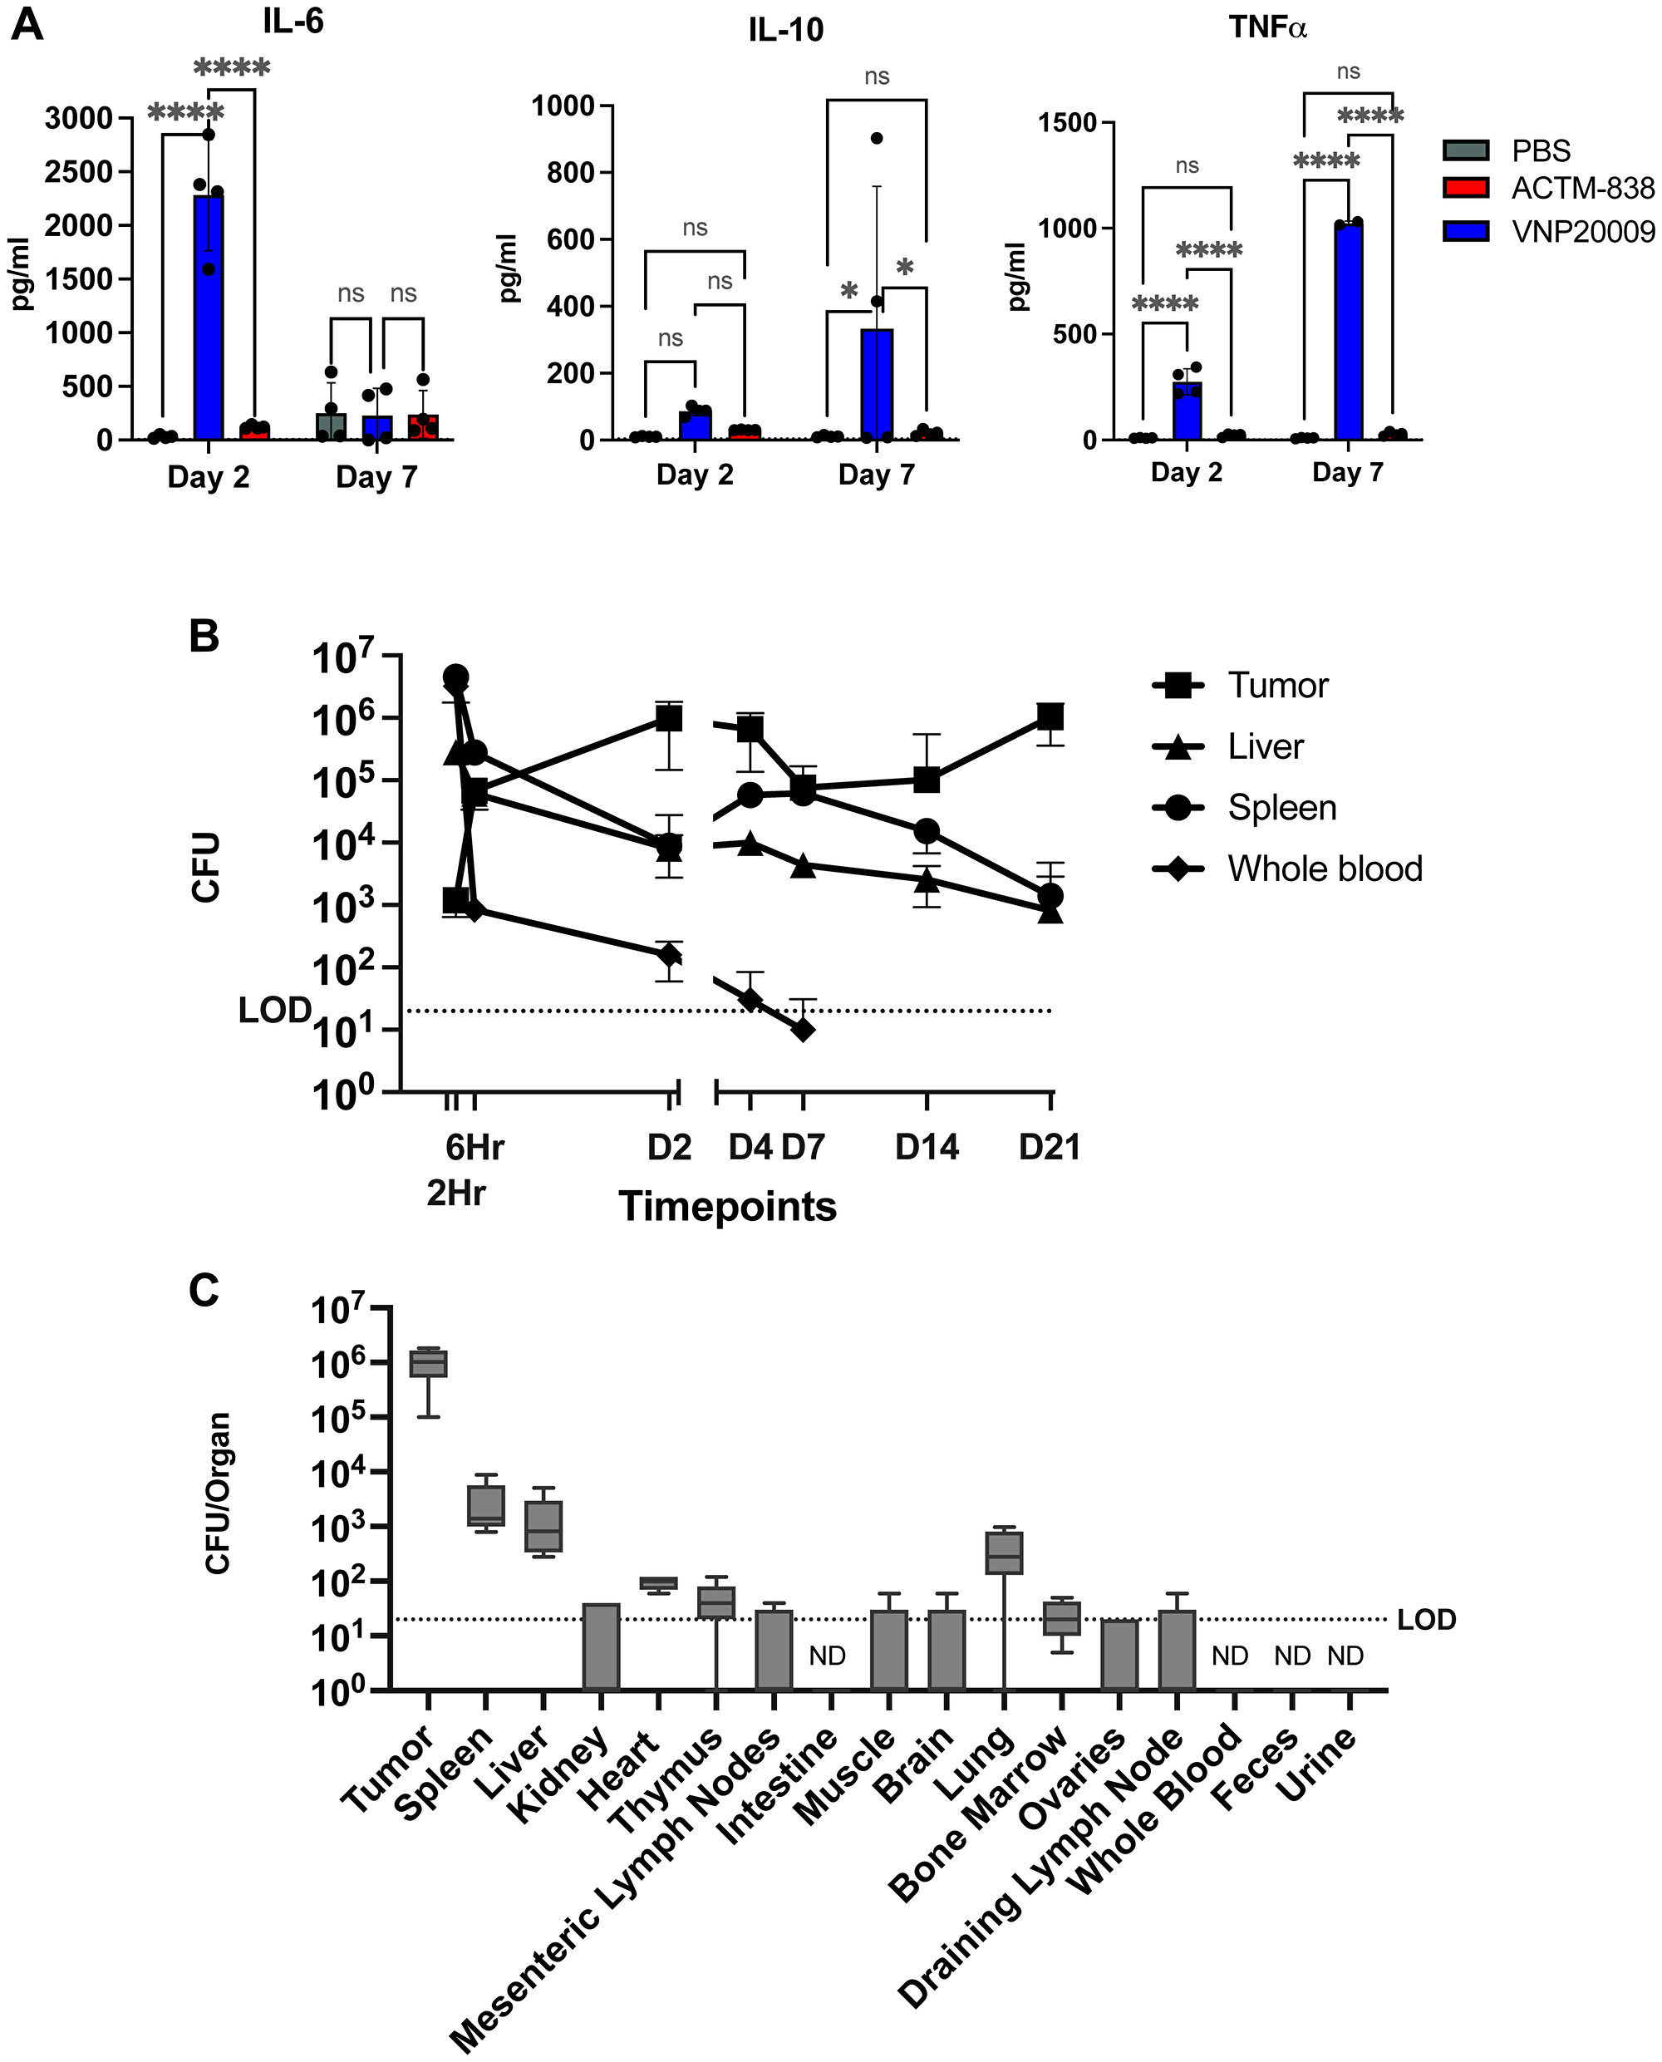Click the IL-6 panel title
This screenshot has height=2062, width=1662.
click(x=293, y=21)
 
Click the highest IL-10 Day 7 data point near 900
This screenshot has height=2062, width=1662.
click(x=876, y=138)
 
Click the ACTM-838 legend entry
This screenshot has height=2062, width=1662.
click(x=1581, y=189)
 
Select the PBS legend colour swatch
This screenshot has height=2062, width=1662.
click(x=1465, y=150)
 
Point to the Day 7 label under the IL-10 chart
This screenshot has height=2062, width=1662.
click(x=876, y=475)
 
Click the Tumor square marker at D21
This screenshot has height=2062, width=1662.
click(x=1050, y=716)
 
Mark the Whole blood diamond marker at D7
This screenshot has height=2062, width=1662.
click(x=802, y=1030)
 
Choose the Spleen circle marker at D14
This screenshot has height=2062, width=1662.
click(x=926, y=830)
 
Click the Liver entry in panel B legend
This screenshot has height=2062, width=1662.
click(x=1265, y=746)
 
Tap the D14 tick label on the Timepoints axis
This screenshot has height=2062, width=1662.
click(x=926, y=1147)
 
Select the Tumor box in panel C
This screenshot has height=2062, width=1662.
click(x=428, y=1363)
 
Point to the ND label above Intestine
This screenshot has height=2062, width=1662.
click(x=827, y=1655)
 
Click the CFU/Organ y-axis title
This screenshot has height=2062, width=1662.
click(x=219, y=1493)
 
